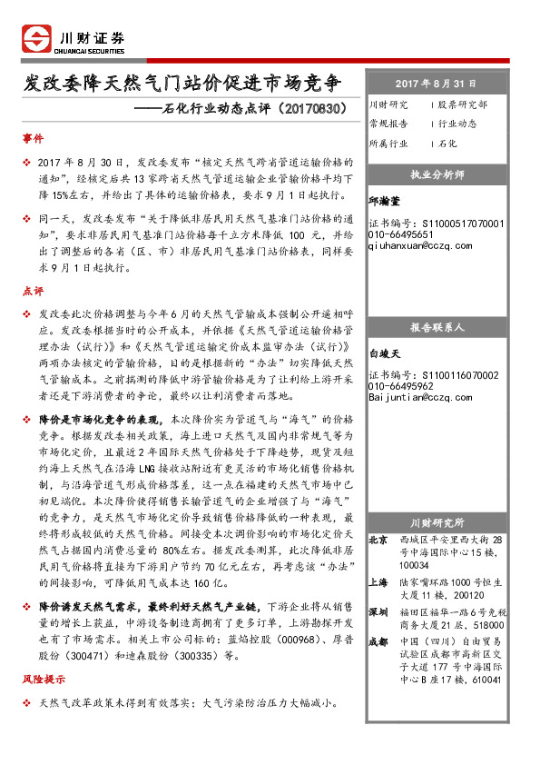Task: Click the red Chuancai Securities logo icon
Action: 36,38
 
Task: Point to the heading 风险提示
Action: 44,679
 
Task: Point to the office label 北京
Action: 379,540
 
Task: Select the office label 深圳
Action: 379,612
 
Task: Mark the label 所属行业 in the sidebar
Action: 388,144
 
